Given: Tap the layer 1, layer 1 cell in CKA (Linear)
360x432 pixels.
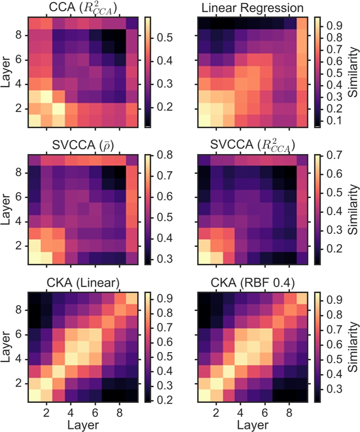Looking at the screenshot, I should (x=34, y=395).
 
